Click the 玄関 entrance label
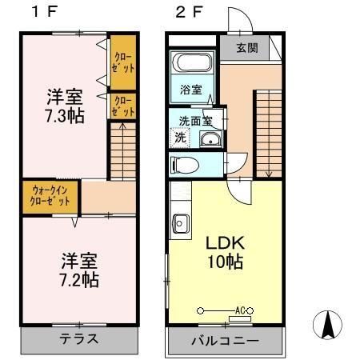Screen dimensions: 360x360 click(246, 48)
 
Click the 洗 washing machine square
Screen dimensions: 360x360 click(180, 138)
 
